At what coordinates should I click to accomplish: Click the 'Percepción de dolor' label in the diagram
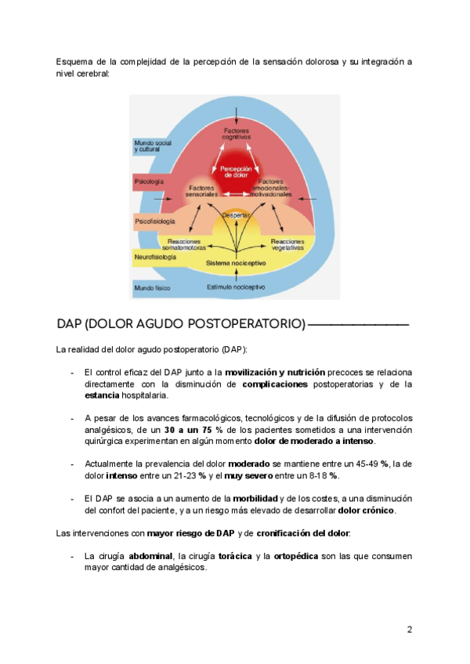click(x=236, y=171)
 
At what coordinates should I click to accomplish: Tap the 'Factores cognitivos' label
click(x=236, y=133)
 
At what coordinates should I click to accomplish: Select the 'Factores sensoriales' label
click(x=202, y=191)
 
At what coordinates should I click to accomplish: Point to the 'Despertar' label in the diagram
click(x=235, y=215)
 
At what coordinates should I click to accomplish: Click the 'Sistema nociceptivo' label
click(x=235, y=264)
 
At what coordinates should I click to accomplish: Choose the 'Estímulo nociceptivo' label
click(x=235, y=287)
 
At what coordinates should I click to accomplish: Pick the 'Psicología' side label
click(x=149, y=181)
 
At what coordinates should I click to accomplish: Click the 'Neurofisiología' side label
click(x=154, y=256)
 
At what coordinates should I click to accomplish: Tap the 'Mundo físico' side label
click(x=152, y=287)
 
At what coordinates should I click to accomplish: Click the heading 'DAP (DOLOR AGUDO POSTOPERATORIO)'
click(x=181, y=323)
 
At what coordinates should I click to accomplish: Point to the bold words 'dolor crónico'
click(x=367, y=511)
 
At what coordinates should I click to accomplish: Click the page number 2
click(x=409, y=630)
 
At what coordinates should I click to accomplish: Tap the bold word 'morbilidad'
click(x=255, y=498)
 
